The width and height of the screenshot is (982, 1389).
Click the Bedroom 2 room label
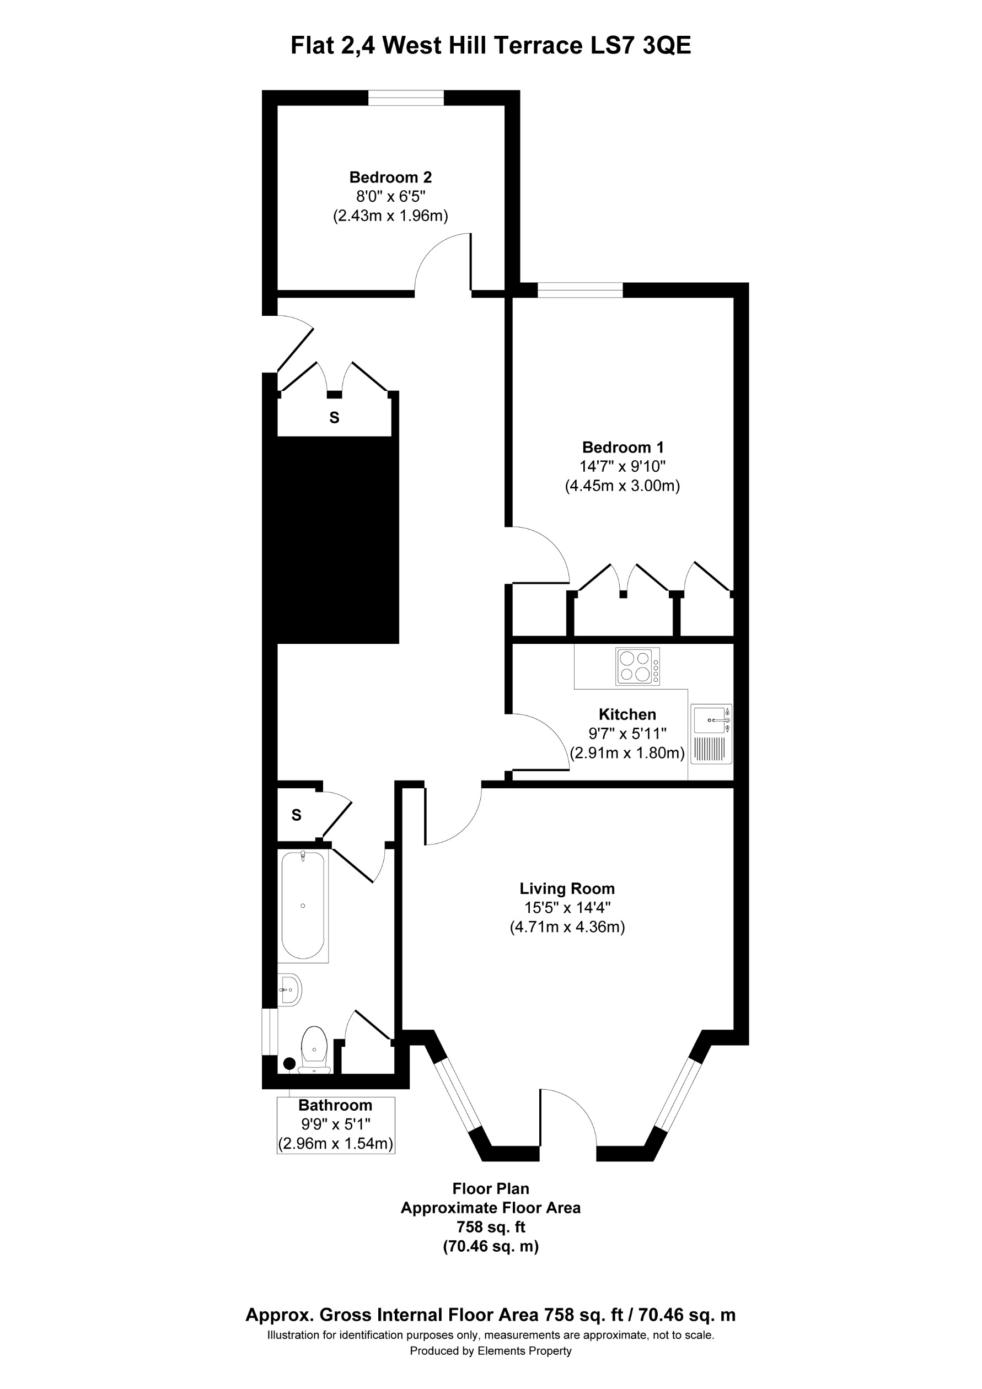click(x=390, y=177)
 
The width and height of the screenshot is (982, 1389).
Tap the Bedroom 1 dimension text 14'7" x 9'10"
click(x=622, y=466)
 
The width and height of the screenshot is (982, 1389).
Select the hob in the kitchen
click(x=637, y=666)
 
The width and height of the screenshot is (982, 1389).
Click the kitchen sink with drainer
click(x=711, y=733)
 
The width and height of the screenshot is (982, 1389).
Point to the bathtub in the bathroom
click(x=303, y=905)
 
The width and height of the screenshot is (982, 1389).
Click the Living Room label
click(x=567, y=889)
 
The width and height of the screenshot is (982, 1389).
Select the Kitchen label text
click(x=627, y=714)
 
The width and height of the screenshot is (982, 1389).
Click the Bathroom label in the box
click(x=335, y=1105)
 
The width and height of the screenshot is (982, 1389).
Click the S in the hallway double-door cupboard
click(x=334, y=417)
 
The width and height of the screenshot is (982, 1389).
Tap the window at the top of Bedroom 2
click(x=405, y=98)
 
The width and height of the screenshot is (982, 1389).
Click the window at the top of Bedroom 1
click(x=579, y=290)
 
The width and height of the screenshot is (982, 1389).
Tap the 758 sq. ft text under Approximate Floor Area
click(x=491, y=1227)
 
